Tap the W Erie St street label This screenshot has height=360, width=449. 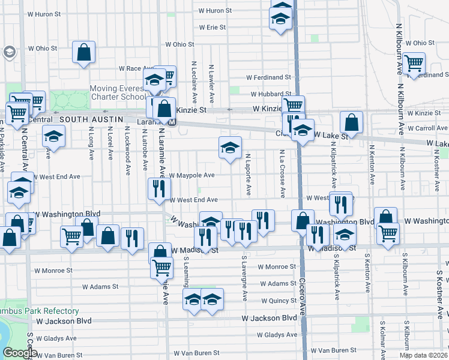(x=212, y=28)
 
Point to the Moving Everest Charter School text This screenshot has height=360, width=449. (x=118, y=92)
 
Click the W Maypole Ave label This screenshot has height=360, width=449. (x=191, y=176)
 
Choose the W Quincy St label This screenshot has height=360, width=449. (x=279, y=301)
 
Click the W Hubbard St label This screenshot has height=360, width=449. (x=271, y=94)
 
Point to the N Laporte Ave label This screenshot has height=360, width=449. (x=248, y=174)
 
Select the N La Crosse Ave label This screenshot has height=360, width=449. (x=282, y=174)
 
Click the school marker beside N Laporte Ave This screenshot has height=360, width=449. (x=229, y=148)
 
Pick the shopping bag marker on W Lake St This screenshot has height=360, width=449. (x=351, y=122)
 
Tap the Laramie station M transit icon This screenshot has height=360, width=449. (x=172, y=122)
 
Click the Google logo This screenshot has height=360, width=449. (x=20, y=353)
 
